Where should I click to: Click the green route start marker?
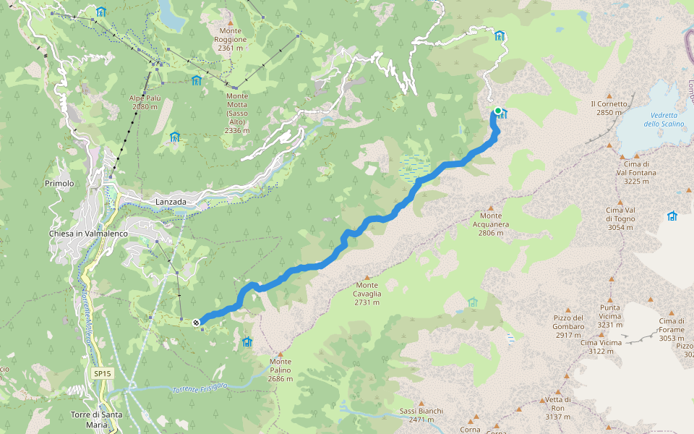497,111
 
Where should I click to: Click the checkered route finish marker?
196,322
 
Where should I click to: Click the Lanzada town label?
171,202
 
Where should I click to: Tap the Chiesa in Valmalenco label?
87,234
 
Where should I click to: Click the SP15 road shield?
103,373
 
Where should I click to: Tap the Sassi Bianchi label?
421,415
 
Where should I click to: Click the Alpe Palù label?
145,102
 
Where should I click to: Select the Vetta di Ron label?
558,408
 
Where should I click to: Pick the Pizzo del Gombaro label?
568,326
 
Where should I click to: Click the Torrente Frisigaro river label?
200,388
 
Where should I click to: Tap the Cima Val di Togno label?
620,218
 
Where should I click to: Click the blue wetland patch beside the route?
414,167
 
